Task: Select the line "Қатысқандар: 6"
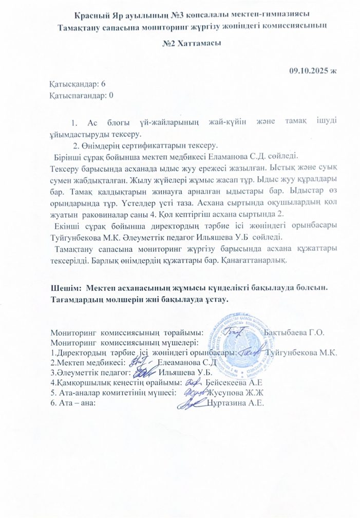coord(78,84)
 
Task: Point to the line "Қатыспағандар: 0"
coord(81,95)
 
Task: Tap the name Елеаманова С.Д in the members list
coord(182,362)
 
